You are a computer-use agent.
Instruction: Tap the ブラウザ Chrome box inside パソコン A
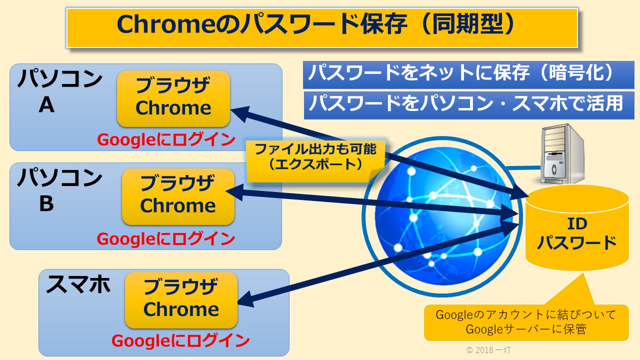173,98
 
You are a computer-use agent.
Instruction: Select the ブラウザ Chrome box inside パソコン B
178,196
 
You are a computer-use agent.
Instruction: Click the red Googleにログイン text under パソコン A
166,140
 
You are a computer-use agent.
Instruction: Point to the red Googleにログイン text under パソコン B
166,238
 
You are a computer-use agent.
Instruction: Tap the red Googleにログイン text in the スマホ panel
180,341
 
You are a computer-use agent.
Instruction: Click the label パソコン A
58,92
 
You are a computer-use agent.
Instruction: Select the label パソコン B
58,190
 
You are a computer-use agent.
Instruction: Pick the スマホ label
78,285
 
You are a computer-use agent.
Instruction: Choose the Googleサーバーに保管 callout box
525,322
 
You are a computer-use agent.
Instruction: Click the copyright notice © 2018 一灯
488,350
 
